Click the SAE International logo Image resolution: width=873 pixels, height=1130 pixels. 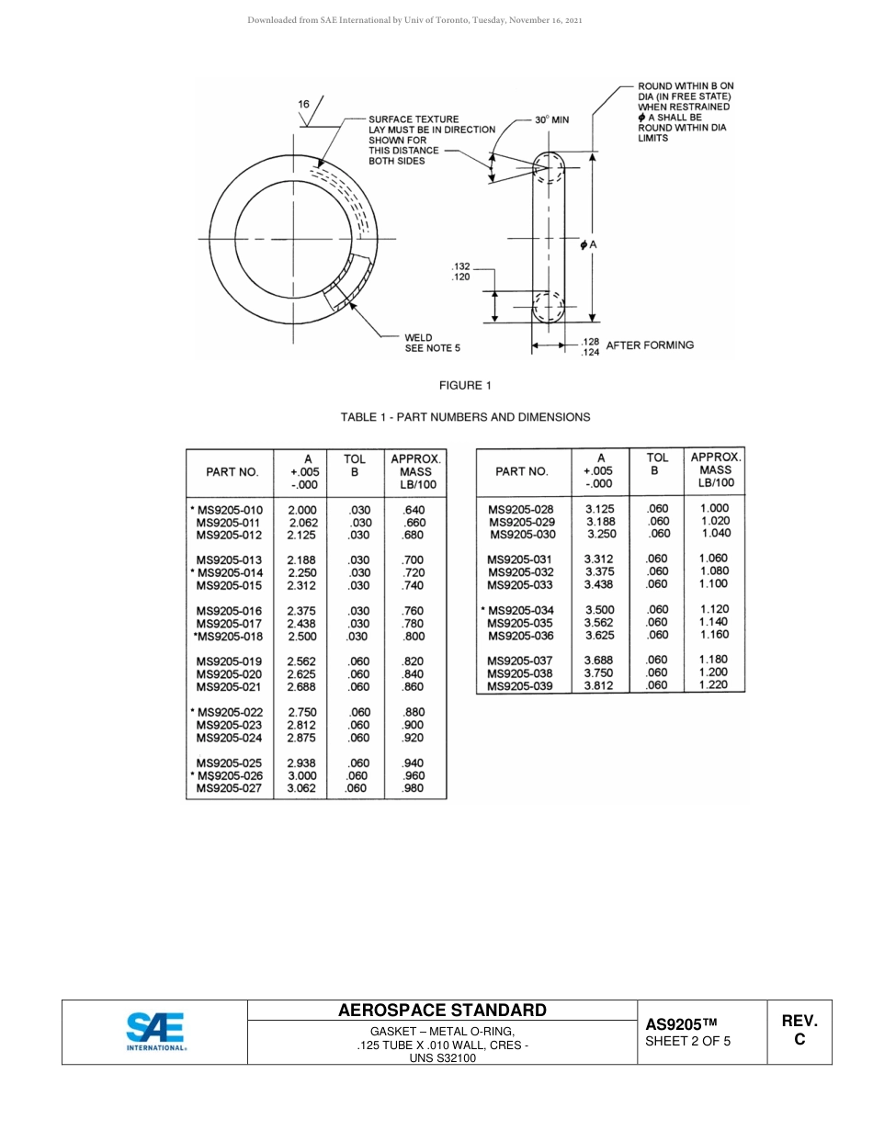coord(155,1032)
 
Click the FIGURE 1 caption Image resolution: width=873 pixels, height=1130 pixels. coord(465,386)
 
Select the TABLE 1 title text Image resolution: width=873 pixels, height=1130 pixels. coord(465,417)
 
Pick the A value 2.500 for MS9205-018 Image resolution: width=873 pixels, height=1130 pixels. coord(302,636)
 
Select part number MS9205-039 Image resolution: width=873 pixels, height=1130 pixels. coord(520,686)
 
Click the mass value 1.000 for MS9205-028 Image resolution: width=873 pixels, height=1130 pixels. coord(713,508)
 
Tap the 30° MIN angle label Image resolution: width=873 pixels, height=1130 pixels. coord(552,119)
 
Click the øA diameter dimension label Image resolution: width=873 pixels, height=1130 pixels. coord(589,244)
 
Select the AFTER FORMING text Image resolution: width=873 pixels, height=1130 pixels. coord(650,345)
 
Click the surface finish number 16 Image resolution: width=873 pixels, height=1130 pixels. coord(303,105)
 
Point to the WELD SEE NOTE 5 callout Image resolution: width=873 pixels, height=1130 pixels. coord(432,343)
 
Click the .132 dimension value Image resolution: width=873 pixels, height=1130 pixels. coord(461,266)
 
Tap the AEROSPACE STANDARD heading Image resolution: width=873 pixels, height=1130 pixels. coord(442,1010)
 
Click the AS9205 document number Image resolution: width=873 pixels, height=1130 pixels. coord(680,1024)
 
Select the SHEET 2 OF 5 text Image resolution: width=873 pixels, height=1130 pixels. coord(688,1042)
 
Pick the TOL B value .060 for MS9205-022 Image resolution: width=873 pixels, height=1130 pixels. coord(359,712)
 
